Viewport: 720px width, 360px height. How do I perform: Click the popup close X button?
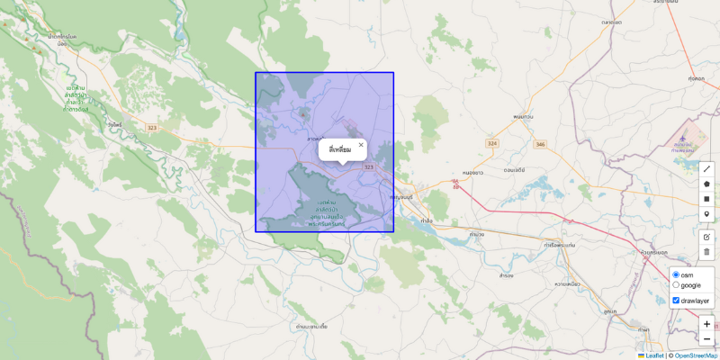[x=361, y=144]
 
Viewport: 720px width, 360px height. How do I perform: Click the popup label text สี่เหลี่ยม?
[x=340, y=149]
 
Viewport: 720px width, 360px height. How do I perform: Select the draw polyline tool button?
[x=706, y=168]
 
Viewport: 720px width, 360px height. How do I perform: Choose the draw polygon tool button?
[x=706, y=184]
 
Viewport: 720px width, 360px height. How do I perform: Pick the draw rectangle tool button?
[x=706, y=199]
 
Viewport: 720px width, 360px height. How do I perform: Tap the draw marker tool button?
[x=706, y=214]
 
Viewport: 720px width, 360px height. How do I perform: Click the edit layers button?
[x=706, y=236]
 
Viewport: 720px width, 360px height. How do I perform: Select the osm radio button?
[x=676, y=274]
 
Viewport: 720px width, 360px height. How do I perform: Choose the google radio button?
[x=676, y=285]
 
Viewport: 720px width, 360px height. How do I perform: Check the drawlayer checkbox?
[x=676, y=301]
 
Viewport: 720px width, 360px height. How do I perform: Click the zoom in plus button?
[x=706, y=324]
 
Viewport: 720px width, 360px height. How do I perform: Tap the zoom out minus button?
[x=706, y=339]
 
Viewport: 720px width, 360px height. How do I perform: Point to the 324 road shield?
[x=491, y=144]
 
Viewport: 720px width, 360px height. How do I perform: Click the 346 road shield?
[x=539, y=144]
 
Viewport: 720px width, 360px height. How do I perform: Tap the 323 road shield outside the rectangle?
[x=151, y=129]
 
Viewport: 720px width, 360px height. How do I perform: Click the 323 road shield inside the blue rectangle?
[x=369, y=167]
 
